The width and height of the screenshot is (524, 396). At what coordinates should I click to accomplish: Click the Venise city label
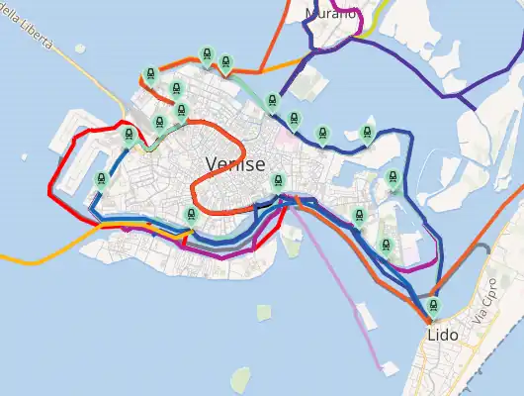235,164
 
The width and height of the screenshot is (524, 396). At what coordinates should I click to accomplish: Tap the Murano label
330,14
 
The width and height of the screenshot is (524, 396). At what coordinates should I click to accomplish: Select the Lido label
443,336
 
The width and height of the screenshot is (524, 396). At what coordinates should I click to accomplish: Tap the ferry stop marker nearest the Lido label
433,307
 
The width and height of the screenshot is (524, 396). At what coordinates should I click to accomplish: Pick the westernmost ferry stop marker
101,179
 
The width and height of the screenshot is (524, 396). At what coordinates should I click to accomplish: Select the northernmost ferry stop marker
207,54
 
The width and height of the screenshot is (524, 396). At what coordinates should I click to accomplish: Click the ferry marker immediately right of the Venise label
278,181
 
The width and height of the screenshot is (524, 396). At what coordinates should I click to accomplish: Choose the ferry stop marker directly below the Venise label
192,215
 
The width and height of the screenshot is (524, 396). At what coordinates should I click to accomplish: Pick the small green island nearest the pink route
264,313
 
